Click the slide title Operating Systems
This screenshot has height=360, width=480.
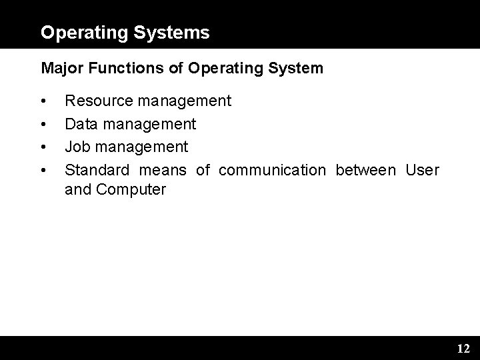125,32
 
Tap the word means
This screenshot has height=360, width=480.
161,170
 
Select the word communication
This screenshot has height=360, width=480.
272,170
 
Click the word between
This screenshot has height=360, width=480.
365,170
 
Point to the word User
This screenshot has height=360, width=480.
423,170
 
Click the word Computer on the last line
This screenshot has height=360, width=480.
131,190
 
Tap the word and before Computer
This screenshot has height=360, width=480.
77,190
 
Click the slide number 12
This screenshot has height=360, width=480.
463,349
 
